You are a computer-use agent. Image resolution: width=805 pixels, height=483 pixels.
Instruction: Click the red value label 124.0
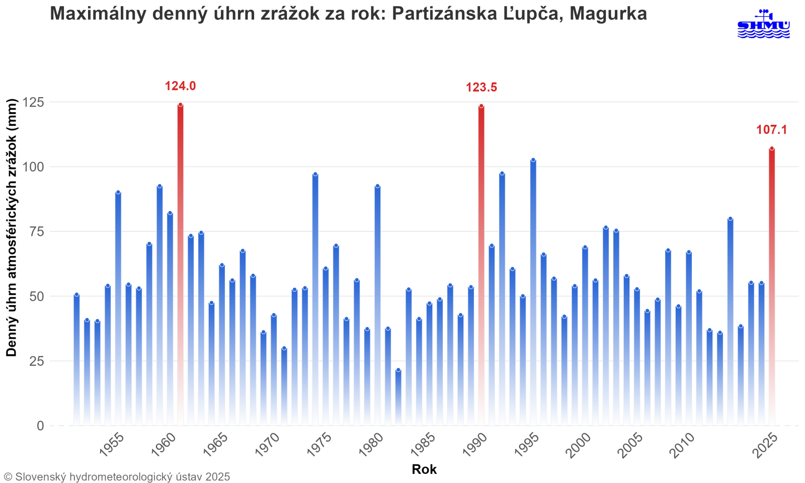coord(180,86)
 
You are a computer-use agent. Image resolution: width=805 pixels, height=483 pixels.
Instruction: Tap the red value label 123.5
coord(481,88)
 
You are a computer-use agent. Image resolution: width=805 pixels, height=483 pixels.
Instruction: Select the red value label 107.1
coord(771,130)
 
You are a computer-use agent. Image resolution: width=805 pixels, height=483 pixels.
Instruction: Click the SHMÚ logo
coord(763,24)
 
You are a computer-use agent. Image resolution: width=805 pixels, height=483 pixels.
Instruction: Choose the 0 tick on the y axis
coord(40,426)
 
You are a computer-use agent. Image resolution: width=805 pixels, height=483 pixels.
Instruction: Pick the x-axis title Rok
coord(424,469)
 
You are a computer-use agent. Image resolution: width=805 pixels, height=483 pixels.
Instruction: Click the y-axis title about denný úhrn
coord(12,227)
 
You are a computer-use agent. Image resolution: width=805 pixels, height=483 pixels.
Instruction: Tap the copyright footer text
coord(117,476)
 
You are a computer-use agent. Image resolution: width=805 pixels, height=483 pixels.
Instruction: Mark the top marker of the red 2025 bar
coord(772,148)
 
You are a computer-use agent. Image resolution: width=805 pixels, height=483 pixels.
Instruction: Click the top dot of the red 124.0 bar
coord(180,105)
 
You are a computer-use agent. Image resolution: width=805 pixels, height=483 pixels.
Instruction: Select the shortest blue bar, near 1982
coord(398,397)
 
